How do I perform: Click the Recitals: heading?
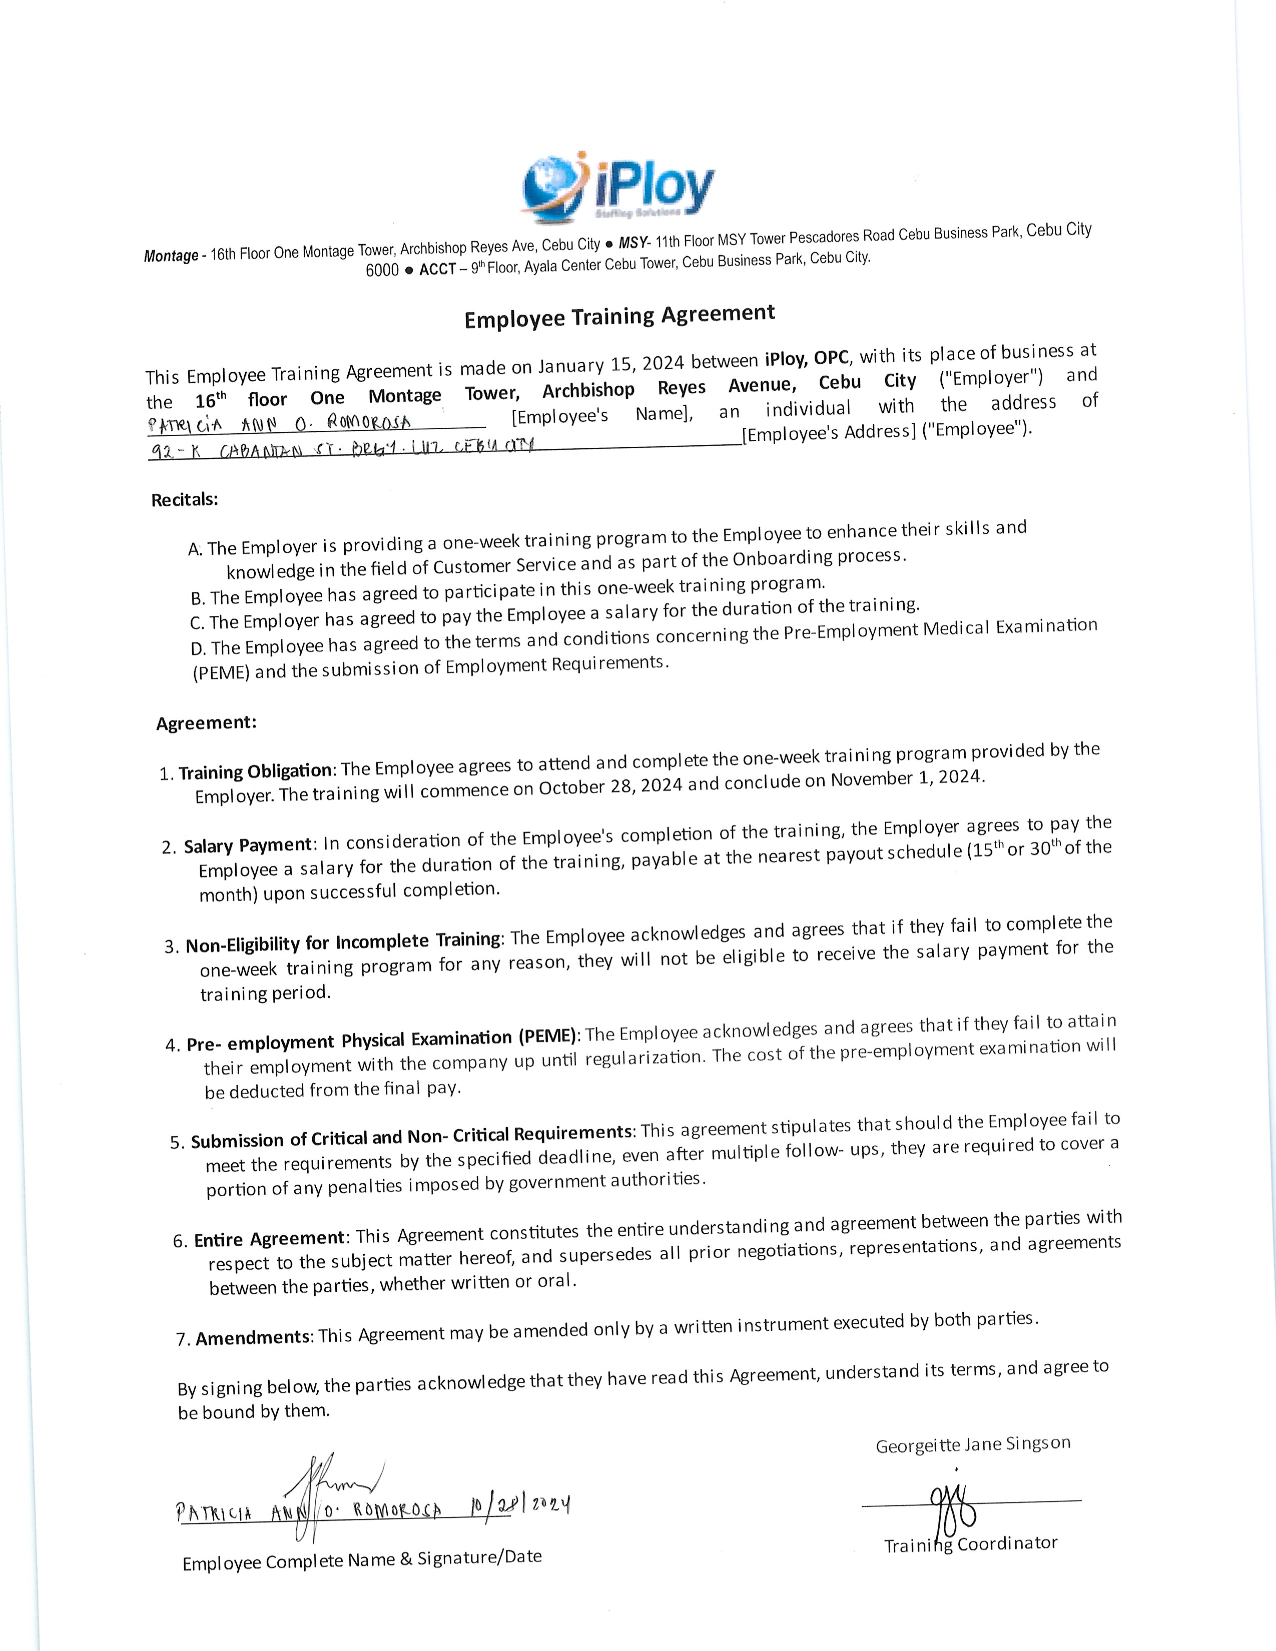click(185, 500)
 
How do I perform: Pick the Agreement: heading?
click(206, 723)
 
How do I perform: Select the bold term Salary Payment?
click(248, 845)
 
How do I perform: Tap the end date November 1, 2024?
click(907, 778)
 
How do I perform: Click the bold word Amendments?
click(253, 1338)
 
